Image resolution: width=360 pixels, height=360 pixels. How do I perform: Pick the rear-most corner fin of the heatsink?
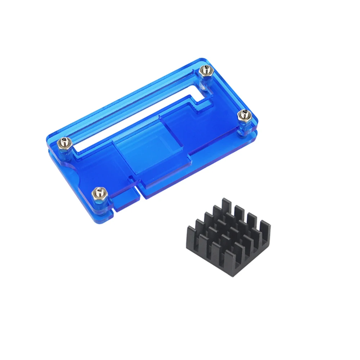pyautogui.click(x=227, y=206)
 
